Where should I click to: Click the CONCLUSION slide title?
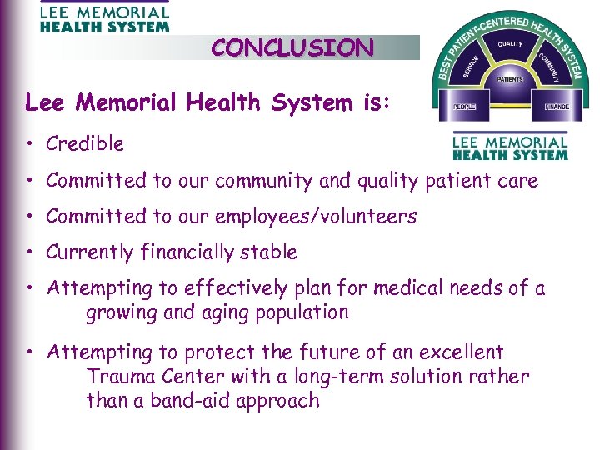[292, 47]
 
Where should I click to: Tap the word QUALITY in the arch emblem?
[510, 44]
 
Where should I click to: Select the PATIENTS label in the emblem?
[510, 80]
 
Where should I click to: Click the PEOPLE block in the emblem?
[463, 107]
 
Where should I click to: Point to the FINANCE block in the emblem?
[557, 107]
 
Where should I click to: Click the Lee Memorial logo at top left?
[104, 17]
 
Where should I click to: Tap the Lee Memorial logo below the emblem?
[510, 147]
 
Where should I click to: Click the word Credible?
[85, 143]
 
